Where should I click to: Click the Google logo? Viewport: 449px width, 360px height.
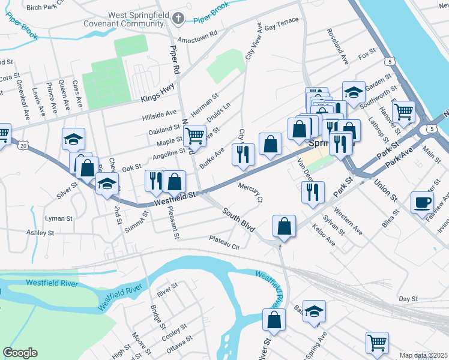(x=20, y=353)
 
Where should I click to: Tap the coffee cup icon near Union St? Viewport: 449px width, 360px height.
(x=422, y=202)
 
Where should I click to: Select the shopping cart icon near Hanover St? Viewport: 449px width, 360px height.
(x=403, y=111)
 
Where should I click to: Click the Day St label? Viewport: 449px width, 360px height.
(x=408, y=298)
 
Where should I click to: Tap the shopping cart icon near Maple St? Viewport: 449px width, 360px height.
(x=194, y=136)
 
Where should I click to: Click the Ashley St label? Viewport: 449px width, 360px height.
(x=40, y=232)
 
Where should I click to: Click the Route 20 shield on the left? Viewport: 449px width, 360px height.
(x=23, y=145)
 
